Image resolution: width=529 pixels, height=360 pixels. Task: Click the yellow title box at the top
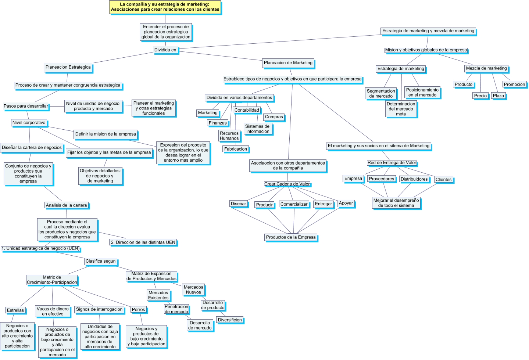[x=165, y=7]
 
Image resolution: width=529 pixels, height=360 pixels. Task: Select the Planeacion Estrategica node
[x=68, y=67]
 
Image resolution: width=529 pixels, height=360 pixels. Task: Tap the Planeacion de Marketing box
[x=288, y=63]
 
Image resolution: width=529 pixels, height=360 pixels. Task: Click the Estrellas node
[x=15, y=310]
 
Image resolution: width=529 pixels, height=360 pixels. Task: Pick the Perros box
[x=139, y=310]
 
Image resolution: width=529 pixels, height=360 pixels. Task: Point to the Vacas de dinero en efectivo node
[x=53, y=311]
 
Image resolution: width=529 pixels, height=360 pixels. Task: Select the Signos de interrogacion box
[x=99, y=309]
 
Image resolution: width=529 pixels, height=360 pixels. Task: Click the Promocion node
[x=514, y=84]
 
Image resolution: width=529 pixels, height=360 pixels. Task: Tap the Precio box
[x=480, y=96]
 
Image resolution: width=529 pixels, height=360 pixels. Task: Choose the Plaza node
[x=498, y=96]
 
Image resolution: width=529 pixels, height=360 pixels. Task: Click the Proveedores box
[x=382, y=179]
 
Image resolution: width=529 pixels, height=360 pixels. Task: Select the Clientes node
[x=443, y=180]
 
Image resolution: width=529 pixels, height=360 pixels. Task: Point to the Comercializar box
[x=294, y=204]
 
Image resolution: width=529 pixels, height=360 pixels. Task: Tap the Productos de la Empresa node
[x=291, y=237]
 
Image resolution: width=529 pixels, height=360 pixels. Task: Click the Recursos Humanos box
[x=229, y=136]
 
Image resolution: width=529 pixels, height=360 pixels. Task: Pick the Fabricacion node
[x=236, y=149]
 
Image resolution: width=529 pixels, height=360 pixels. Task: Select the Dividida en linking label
[x=165, y=50]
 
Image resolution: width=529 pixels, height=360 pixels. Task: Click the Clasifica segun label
[x=101, y=261]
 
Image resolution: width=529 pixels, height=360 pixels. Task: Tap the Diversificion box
[x=230, y=320]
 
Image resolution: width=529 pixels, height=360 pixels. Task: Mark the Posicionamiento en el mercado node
[x=422, y=92]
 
